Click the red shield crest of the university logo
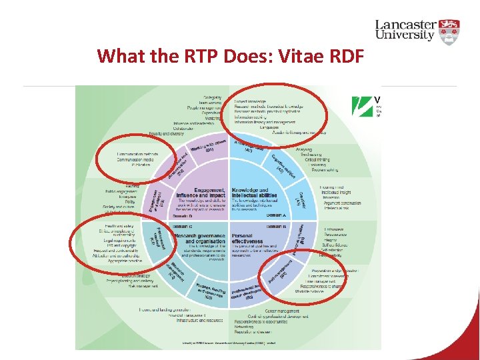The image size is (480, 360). pos(451,31)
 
